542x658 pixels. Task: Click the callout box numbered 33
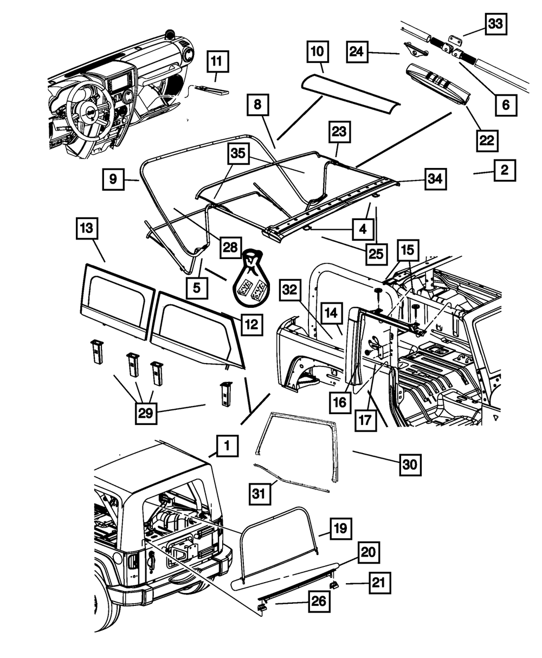pos(496,24)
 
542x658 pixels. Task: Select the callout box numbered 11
pos(218,61)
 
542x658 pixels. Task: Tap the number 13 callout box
pos(87,228)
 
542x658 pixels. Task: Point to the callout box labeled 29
pos(146,413)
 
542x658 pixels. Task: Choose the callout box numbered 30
pos(410,465)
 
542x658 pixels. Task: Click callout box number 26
pos(319,601)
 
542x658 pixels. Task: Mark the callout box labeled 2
pos(505,171)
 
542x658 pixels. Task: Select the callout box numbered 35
pos(238,154)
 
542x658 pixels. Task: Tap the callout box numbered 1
pos(227,446)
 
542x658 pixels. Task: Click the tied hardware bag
pos(251,279)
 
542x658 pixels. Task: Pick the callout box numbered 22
pos(487,140)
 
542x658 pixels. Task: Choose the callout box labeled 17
pos(365,420)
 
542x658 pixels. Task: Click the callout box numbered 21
pos(380,583)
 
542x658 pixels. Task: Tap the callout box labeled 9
pos(113,179)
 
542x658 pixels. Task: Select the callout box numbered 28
pos(231,248)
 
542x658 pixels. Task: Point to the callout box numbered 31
pos(260,494)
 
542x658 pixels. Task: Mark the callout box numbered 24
pos(357,51)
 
